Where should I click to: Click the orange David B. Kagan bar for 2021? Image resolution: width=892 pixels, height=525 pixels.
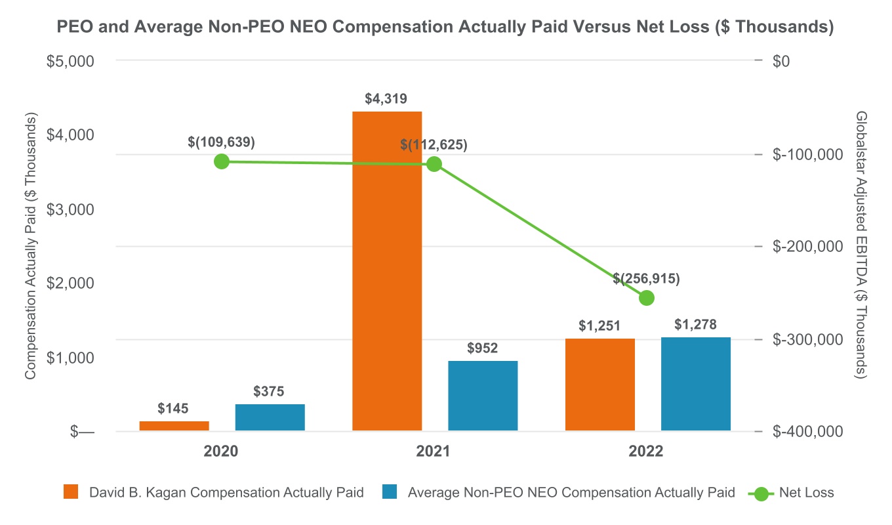pyautogui.click(x=387, y=271)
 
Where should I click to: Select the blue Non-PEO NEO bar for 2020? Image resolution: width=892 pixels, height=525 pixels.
pyautogui.click(x=270, y=417)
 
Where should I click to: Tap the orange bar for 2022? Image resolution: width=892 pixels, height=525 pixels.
pyautogui.click(x=599, y=385)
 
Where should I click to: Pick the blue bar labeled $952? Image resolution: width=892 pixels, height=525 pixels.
pyautogui.click(x=483, y=396)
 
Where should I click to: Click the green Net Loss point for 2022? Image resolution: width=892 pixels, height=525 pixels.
pyautogui.click(x=647, y=298)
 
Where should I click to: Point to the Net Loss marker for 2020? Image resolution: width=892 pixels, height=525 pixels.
pyautogui.click(x=222, y=161)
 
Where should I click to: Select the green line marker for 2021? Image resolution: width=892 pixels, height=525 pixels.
pyautogui.click(x=434, y=164)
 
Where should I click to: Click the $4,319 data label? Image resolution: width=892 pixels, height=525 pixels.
pyautogui.click(x=386, y=99)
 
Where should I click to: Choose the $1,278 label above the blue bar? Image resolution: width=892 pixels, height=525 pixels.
pyautogui.click(x=695, y=324)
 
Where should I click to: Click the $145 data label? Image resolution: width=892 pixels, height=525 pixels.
pyautogui.click(x=173, y=408)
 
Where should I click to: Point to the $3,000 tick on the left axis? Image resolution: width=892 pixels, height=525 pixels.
pyautogui.click(x=71, y=209)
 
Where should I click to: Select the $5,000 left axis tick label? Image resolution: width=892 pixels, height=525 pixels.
pyautogui.click(x=71, y=61)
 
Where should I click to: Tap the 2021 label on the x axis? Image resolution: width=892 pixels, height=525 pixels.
pyautogui.click(x=433, y=451)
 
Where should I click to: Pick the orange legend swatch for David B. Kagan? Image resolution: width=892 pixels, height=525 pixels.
pyautogui.click(x=70, y=493)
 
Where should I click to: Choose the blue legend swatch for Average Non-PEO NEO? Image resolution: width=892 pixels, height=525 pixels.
pyautogui.click(x=388, y=493)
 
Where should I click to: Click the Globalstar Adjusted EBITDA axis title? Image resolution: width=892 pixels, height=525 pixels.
pyautogui.click(x=861, y=244)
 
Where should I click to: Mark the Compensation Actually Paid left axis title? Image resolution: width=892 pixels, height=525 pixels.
pyautogui.click(x=30, y=245)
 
